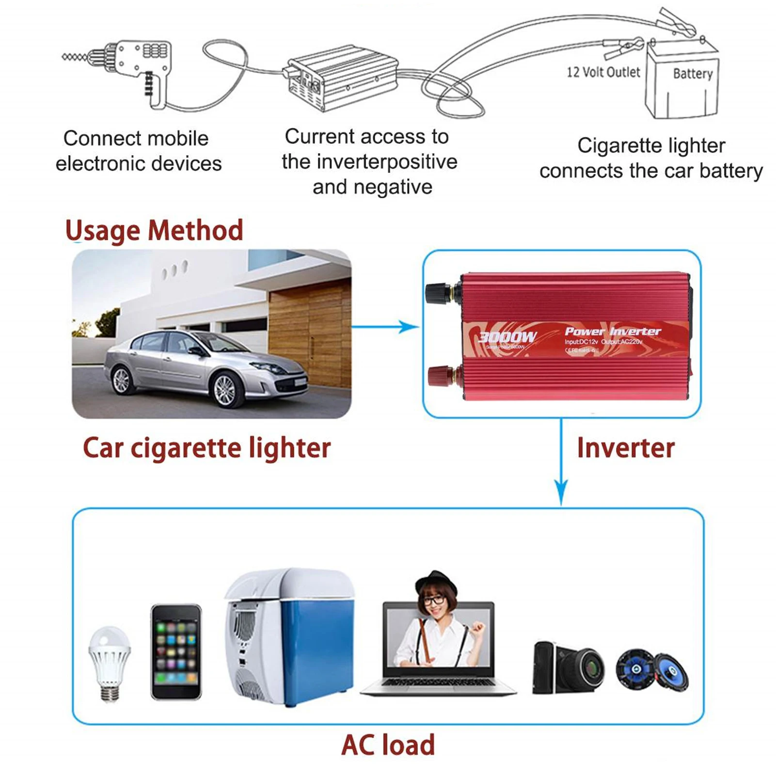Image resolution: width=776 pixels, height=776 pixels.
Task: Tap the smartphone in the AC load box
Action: coord(175,651)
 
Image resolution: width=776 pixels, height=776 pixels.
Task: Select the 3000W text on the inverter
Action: coord(507,337)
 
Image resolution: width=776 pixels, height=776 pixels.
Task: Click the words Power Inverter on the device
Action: coord(613,331)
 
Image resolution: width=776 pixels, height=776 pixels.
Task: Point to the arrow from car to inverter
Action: coord(386,327)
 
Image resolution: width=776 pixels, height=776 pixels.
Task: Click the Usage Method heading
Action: coord(154,230)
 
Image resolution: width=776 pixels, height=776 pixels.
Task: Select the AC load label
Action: coord(388,745)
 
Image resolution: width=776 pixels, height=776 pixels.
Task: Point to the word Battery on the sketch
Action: coord(693,74)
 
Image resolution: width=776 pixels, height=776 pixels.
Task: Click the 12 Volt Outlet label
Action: coord(603,72)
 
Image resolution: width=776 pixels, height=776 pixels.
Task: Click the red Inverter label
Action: coord(626,447)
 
